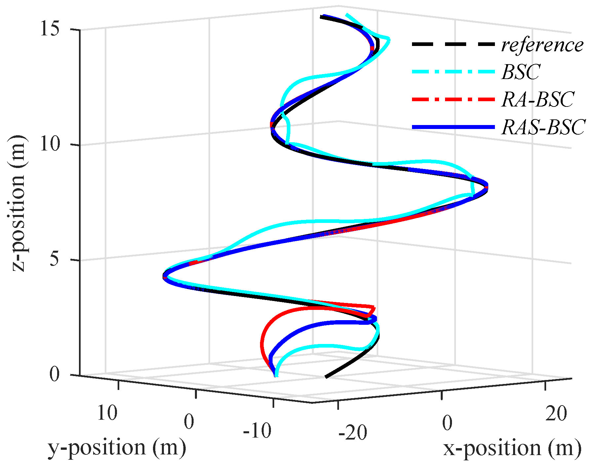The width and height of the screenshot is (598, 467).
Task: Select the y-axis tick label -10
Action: click(x=257, y=431)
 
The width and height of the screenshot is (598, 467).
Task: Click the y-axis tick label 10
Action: click(x=107, y=413)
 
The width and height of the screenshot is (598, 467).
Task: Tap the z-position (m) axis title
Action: click(x=18, y=203)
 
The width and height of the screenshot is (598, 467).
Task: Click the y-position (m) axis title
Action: click(x=117, y=448)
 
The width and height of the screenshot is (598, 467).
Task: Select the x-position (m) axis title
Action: click(x=512, y=448)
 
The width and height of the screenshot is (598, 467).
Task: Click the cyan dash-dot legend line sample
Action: click(x=453, y=71)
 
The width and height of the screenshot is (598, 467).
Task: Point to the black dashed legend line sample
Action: click(x=453, y=44)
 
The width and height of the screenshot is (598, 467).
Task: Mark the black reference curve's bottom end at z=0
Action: click(x=326, y=376)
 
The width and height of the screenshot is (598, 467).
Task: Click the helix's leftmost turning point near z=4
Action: click(x=164, y=276)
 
